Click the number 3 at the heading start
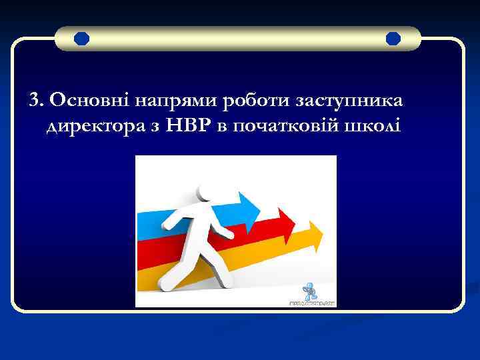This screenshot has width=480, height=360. [34, 100]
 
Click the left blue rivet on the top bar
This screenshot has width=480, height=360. [81, 39]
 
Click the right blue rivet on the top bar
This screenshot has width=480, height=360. [393, 39]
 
